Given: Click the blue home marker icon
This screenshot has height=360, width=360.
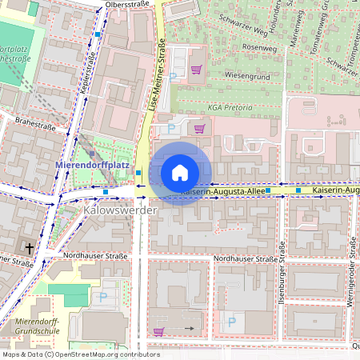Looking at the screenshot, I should pyautogui.click(x=180, y=173).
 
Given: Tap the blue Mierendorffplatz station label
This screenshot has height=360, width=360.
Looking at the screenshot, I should pyautogui.click(x=92, y=166).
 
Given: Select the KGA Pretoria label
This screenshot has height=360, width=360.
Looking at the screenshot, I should pyautogui.click(x=230, y=106).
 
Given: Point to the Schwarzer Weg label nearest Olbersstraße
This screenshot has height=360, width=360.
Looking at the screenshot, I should pyautogui.click(x=244, y=27).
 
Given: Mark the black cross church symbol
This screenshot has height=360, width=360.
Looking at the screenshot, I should pyautogui.click(x=30, y=249).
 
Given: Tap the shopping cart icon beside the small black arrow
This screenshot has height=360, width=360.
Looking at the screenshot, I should pyautogui.click(x=158, y=331).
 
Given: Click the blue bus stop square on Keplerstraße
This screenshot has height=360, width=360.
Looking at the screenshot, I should pyautogui.click(x=98, y=35).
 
